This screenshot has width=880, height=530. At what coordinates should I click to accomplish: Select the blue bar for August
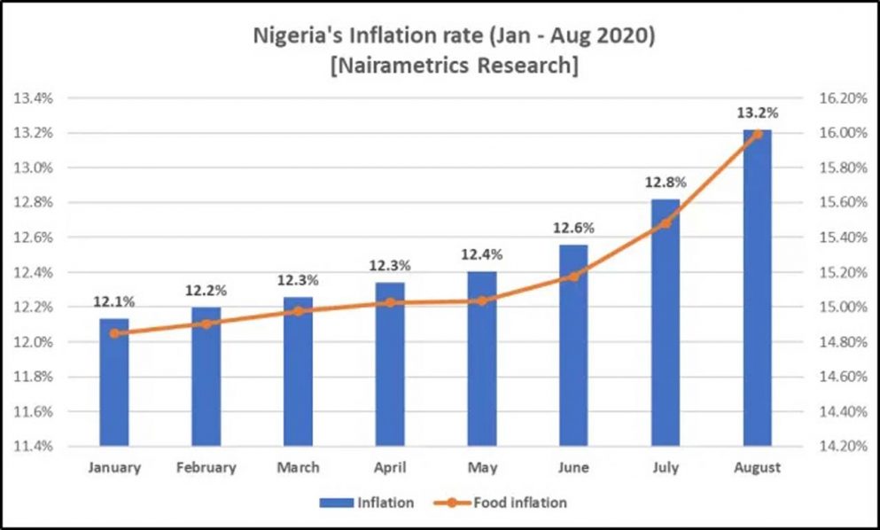758,292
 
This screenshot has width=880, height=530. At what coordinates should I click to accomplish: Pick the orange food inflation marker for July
666,223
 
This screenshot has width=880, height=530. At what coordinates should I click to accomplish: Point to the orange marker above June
573,277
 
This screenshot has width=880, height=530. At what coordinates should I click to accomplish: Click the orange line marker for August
758,134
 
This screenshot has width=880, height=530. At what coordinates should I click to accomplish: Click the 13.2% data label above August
758,113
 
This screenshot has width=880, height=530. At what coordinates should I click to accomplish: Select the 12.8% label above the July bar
666,182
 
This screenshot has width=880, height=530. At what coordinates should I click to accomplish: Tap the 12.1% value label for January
114,301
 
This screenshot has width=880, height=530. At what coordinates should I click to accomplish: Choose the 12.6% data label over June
573,228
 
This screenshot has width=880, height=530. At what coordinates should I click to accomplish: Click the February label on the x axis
206,468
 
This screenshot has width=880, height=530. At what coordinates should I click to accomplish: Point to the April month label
390,468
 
